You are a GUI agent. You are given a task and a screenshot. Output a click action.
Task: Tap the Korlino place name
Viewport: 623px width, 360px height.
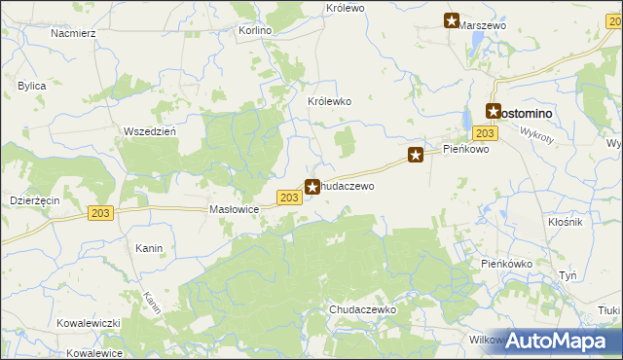pos(255,30)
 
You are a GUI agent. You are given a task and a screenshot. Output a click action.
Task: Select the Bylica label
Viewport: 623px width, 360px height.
pos(32,86)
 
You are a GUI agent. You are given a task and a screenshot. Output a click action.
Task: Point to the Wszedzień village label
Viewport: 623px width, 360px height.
pos(149,131)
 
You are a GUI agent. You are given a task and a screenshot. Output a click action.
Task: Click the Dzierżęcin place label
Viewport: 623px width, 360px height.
pos(35,198)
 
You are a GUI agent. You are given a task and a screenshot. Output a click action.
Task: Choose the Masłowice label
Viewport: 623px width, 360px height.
pos(234,209)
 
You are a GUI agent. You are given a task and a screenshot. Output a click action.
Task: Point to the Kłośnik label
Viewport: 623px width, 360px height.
pos(565,223)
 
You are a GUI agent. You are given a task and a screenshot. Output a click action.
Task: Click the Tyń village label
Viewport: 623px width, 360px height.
pos(568,275)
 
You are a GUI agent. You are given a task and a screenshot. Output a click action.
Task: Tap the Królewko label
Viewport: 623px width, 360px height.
pos(329,101)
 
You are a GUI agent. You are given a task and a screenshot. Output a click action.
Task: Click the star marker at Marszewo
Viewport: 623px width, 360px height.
pos(452,19)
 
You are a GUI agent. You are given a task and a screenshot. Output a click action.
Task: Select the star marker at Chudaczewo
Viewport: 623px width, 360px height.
pos(312,187)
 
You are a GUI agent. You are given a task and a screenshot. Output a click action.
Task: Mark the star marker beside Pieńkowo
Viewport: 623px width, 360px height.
pos(416,154)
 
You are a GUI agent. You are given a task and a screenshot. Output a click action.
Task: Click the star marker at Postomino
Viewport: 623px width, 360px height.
pos(494,112)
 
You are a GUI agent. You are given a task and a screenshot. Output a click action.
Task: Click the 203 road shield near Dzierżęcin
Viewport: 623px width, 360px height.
pos(99,213)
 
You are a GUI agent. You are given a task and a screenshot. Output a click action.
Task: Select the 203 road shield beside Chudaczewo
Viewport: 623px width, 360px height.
pos(288,198)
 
